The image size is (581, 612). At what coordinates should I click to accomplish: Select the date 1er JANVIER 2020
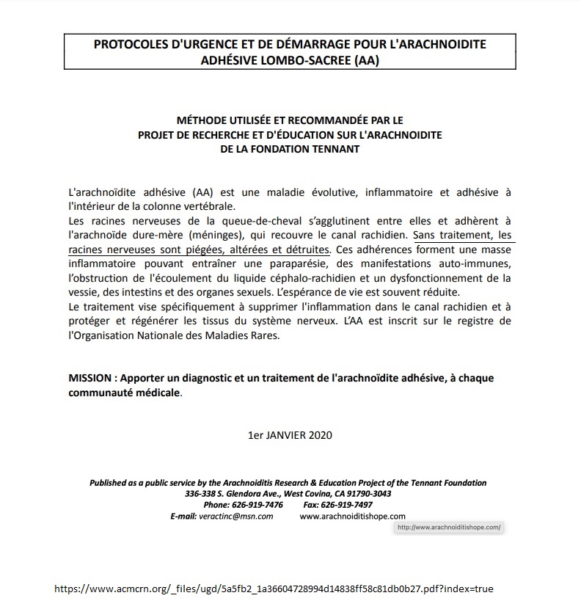(x=290, y=434)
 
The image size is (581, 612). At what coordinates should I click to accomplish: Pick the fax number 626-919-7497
(x=348, y=505)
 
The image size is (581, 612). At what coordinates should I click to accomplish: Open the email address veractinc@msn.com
(x=235, y=516)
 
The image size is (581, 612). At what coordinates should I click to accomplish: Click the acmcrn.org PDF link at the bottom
(x=279, y=589)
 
